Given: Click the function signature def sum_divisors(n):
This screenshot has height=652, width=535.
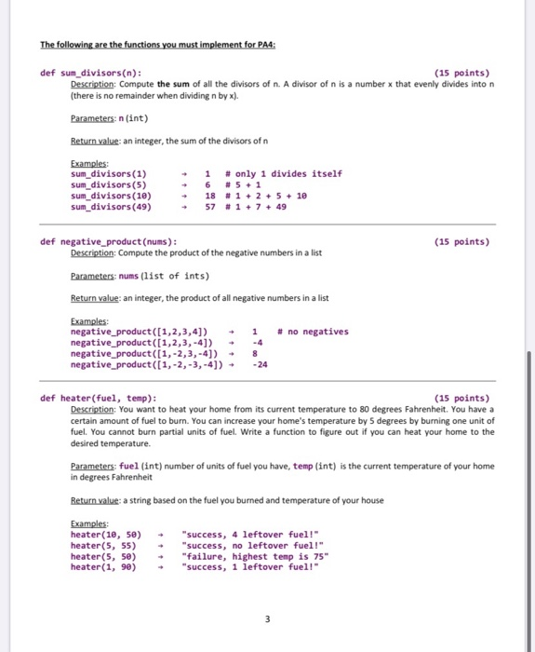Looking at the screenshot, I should [91, 73].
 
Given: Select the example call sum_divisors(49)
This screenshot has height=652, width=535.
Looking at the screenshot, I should [111, 207].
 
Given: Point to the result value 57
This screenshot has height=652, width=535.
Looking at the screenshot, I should [210, 207].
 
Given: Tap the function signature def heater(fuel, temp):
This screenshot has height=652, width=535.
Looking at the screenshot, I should [99, 399].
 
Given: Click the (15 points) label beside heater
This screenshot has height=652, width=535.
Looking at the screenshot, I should [461, 399].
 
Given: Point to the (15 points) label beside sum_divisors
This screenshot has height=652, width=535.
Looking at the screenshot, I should [461, 73].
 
